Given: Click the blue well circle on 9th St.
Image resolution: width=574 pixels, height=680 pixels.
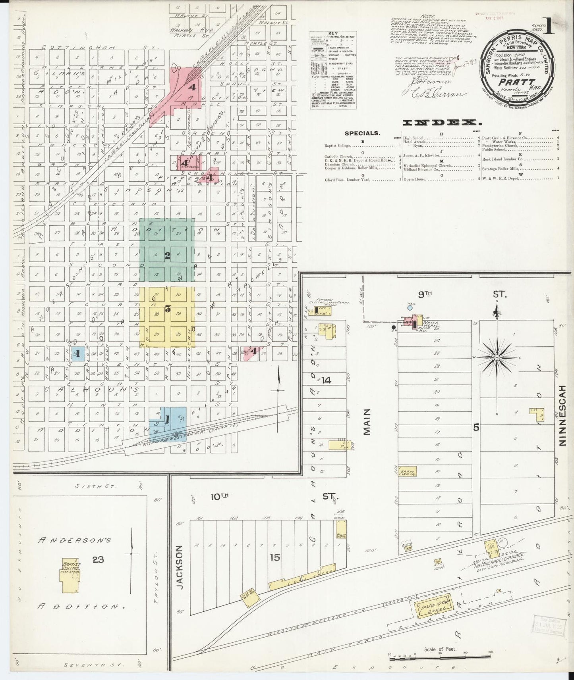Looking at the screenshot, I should [410, 307].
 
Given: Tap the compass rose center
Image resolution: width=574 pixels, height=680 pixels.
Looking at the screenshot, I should [497, 358].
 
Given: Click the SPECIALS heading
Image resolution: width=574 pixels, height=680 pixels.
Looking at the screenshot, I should [362, 134].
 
